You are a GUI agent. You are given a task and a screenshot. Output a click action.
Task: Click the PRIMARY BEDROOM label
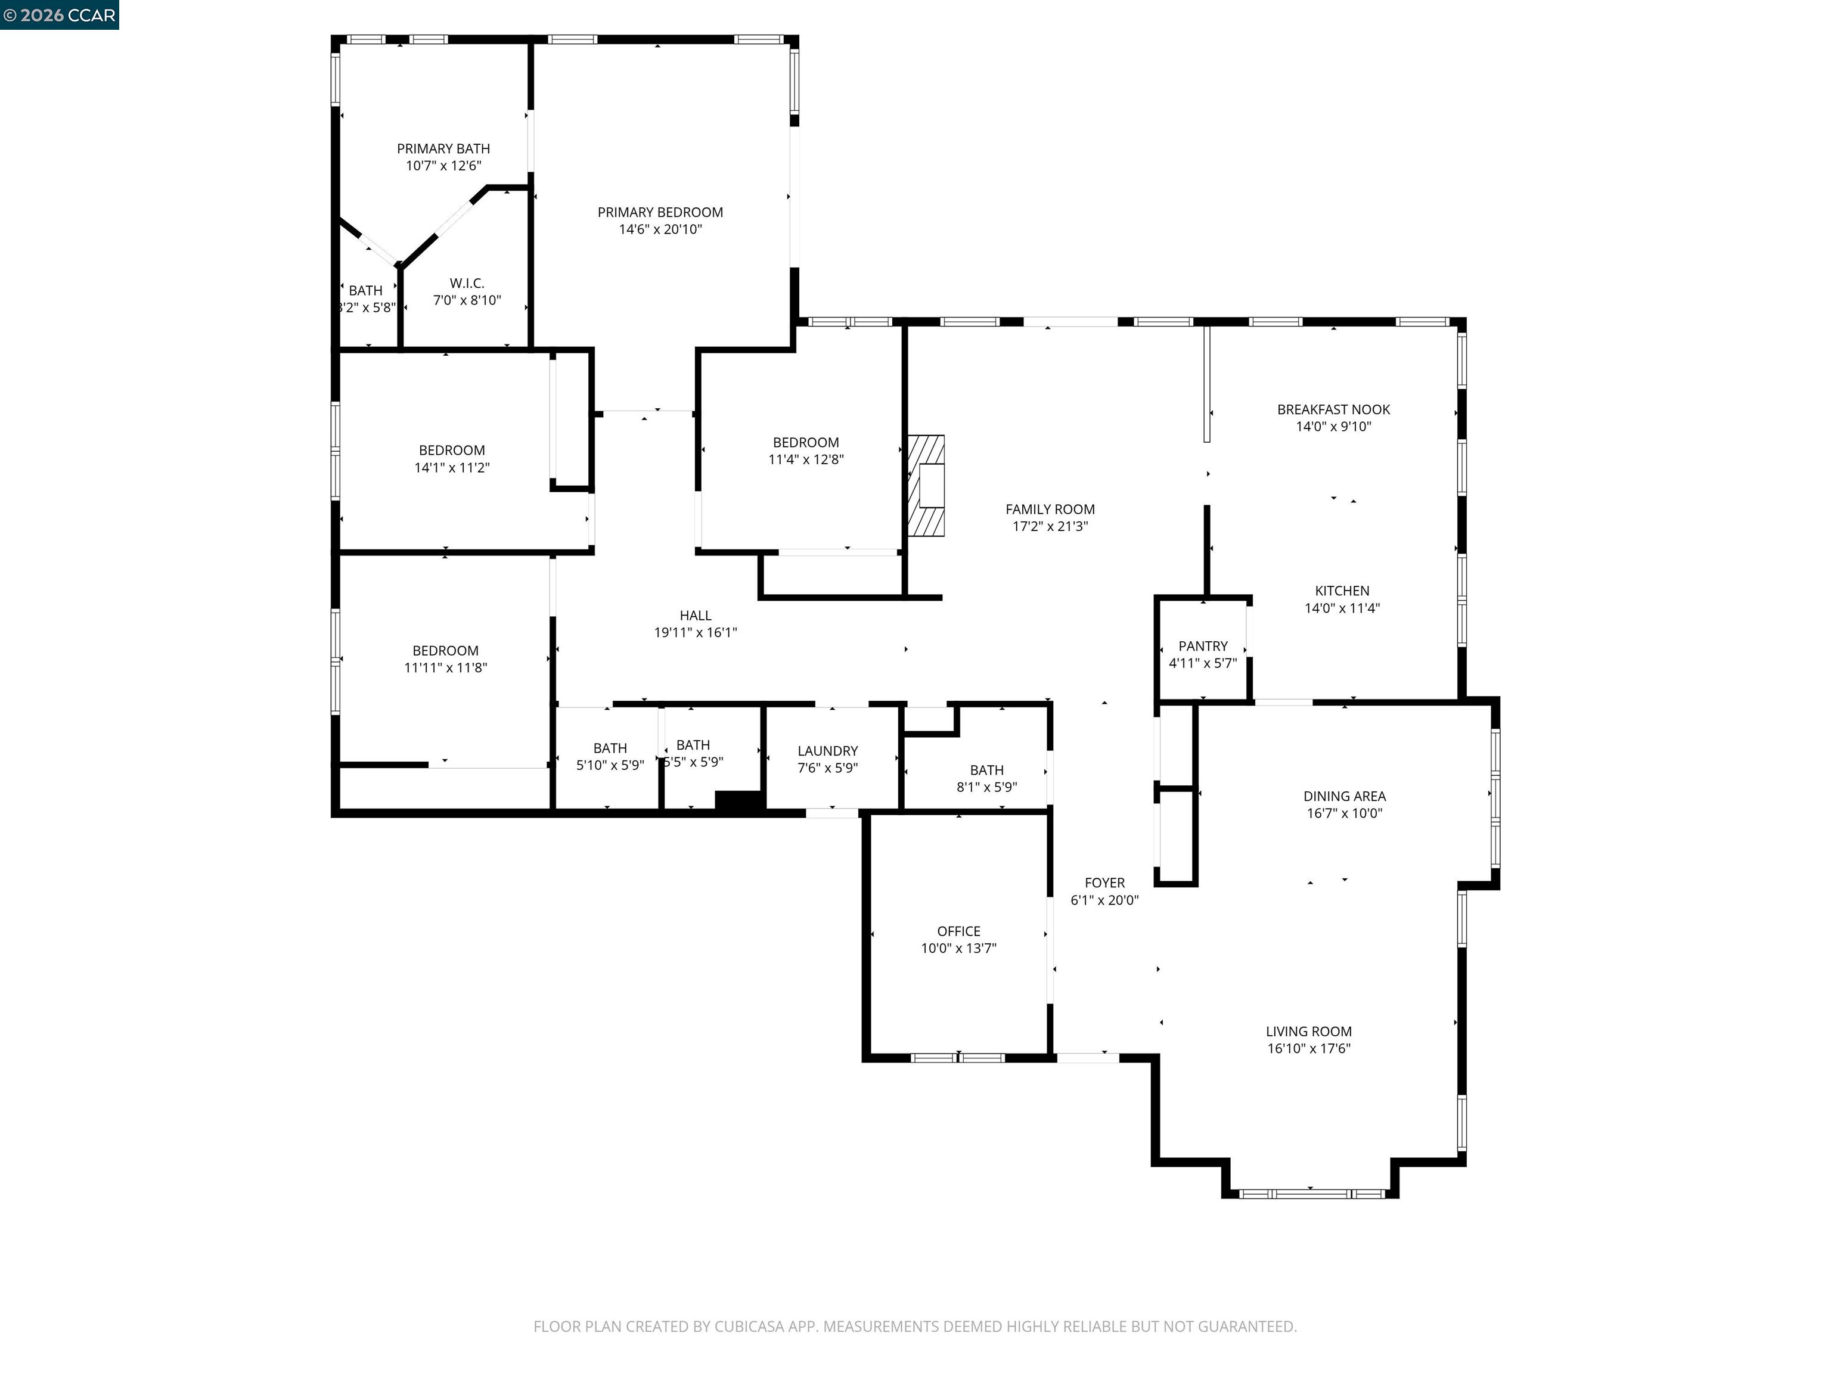pos(660,213)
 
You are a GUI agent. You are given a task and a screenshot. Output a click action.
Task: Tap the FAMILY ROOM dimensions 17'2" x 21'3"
pos(1050,526)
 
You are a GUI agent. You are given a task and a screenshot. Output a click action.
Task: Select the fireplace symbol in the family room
pos(926,486)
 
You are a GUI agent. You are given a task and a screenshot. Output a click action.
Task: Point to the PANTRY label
pos(1203,647)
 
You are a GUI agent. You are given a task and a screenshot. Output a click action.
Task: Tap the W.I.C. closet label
pos(467,283)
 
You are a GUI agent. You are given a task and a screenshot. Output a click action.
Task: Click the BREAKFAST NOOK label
pos(1333,409)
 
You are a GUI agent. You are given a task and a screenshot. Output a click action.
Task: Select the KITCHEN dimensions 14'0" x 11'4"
pos(1342,608)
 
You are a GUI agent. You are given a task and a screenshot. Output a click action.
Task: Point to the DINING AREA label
pos(1344,796)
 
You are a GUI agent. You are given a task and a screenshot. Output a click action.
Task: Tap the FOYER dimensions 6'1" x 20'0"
pos(1104,900)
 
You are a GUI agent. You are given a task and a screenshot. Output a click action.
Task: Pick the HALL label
pos(696,616)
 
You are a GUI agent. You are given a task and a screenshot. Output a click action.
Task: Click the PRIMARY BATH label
pos(443,149)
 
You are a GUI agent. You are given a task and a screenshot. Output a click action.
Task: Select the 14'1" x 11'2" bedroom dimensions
pos(451,468)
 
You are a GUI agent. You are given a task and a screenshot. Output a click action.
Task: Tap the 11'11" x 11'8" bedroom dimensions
pos(445,668)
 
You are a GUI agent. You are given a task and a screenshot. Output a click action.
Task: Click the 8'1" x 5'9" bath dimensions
pos(986,787)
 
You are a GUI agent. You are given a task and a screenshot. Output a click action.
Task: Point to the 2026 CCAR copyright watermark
pos(60,15)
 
